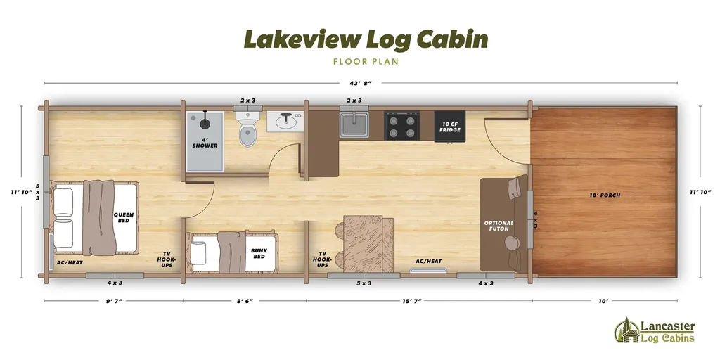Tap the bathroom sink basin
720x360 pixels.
coord(285,122)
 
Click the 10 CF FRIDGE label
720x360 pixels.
coord(450,126)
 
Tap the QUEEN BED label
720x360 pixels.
coord(124,218)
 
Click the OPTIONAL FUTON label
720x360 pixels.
coord(499,226)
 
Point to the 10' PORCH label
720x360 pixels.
coord(605,195)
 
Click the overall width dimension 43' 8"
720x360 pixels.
coord(359,83)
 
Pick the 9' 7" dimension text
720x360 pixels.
coord(112,301)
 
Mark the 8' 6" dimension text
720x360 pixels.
coord(244,301)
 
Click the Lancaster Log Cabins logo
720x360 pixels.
coord(655,330)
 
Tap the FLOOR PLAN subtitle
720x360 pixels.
coord(366,61)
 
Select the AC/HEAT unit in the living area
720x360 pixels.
coord(428,268)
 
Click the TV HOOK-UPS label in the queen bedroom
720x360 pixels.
coord(167,260)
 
